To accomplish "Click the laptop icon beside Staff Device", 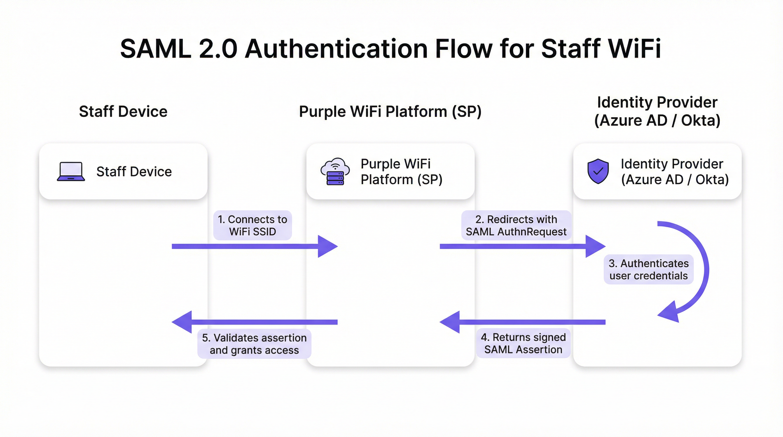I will click(71, 172).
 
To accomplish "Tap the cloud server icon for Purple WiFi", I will click(335, 172).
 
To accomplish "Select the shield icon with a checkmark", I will click(598, 171).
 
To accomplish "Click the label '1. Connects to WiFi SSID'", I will click(253, 226).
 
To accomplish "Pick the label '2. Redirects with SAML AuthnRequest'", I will click(516, 226).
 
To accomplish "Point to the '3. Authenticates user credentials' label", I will click(648, 269).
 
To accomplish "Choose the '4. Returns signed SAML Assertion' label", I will click(523, 343).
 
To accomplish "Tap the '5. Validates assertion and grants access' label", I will click(254, 344).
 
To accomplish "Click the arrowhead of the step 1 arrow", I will click(328, 246).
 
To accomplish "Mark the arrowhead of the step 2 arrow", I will click(595, 246).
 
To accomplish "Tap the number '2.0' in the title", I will click(218, 49).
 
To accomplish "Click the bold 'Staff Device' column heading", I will click(123, 112).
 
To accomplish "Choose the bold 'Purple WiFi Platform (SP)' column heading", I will click(390, 112).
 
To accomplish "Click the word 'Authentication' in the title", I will click(336, 49).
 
